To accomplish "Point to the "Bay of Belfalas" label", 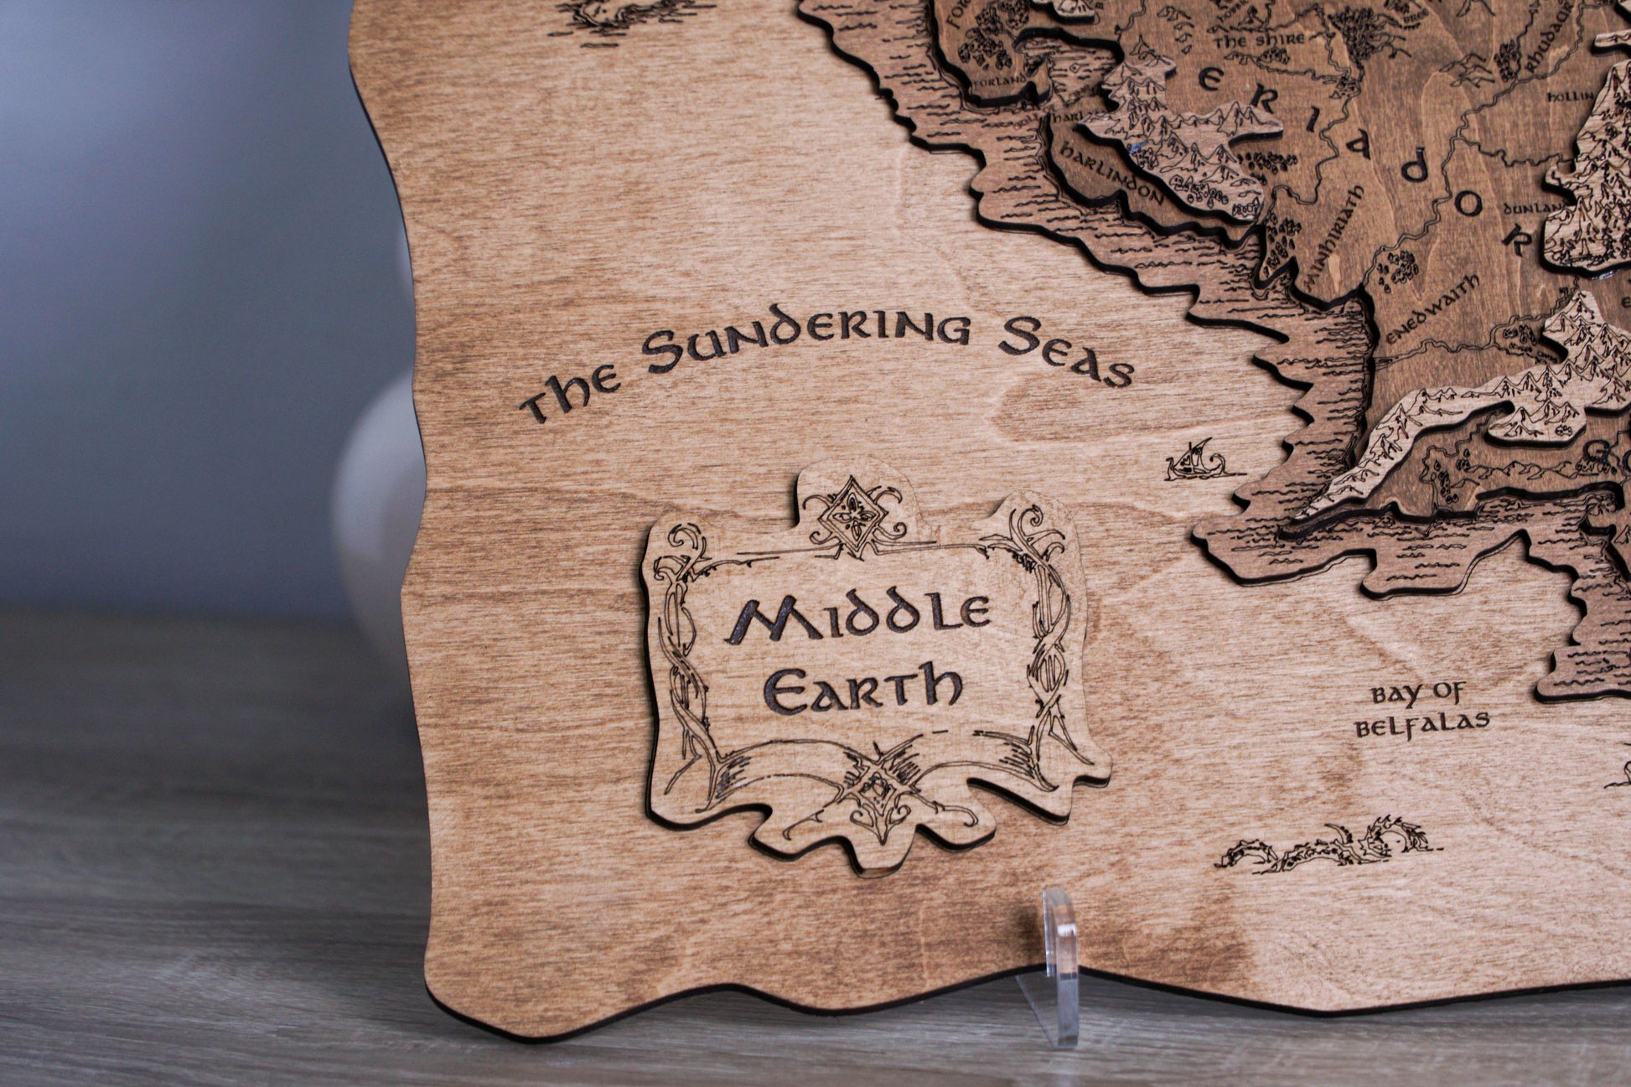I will pos(1421,709).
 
